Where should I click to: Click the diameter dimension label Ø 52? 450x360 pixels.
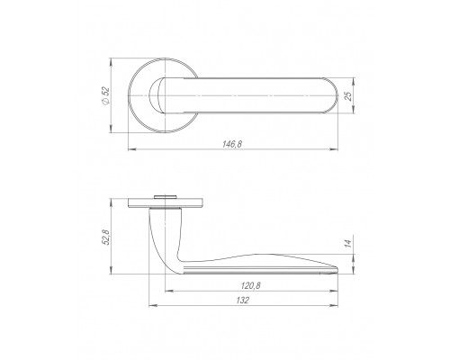click(x=106, y=95)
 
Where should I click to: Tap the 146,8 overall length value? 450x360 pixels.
click(x=231, y=144)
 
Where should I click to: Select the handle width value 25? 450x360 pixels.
click(x=348, y=95)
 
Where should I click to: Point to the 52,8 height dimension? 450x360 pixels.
click(x=106, y=237)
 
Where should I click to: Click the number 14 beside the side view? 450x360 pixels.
click(x=348, y=243)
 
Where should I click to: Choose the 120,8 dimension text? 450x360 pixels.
click(x=251, y=286)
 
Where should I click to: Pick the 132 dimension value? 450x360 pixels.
click(x=243, y=301)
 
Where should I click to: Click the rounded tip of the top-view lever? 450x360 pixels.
click(x=337, y=95)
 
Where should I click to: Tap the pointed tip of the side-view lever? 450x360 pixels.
click(x=337, y=268)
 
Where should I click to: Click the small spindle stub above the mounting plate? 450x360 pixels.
click(x=165, y=197)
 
